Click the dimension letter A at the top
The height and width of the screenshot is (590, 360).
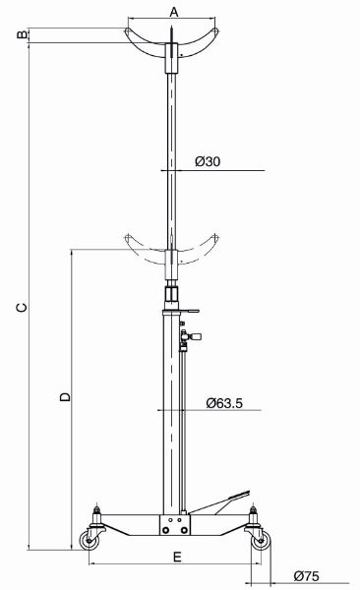(x=173, y=12)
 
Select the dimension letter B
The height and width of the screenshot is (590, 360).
(x=19, y=36)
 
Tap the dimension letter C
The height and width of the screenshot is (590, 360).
(x=21, y=308)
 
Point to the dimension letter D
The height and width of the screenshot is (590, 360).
(x=63, y=397)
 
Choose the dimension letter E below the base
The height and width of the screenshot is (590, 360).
(x=177, y=557)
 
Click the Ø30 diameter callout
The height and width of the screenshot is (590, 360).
(x=207, y=161)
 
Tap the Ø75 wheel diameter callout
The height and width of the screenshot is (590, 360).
(x=308, y=576)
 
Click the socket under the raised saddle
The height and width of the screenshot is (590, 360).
(x=172, y=60)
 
